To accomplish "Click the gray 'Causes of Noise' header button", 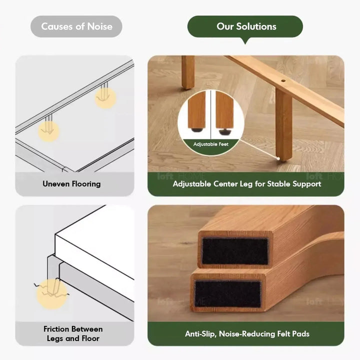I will click(x=76, y=26).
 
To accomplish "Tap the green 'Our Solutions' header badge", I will click(x=246, y=26).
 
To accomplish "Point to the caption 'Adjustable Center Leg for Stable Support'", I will click(x=246, y=184).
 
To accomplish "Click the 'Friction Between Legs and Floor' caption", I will click(x=73, y=333).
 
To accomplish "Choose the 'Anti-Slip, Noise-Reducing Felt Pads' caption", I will click(x=246, y=333).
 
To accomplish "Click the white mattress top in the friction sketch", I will click(x=95, y=245).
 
